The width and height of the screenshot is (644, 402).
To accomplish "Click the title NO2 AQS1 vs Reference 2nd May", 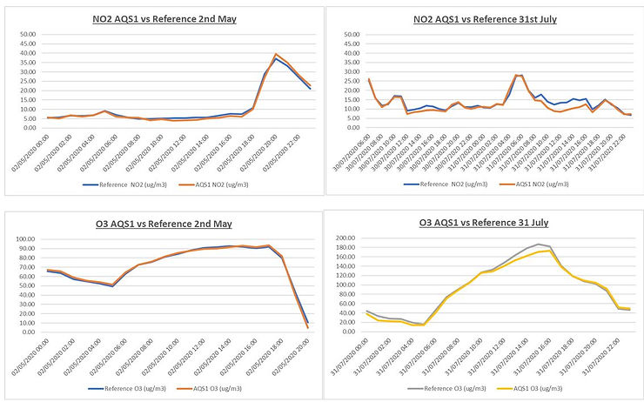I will tap(164, 17).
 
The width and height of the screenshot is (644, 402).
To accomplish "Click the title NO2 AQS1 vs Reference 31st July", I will tap(485, 17).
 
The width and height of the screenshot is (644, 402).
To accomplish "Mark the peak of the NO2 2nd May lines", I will tap(276, 55).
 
